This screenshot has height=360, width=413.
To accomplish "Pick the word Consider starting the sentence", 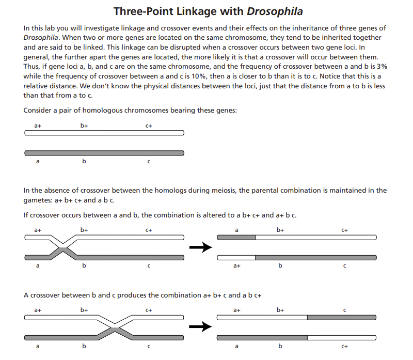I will pyautogui.click(x=39, y=111).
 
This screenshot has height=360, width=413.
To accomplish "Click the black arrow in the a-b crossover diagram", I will pyautogui.click(x=200, y=247).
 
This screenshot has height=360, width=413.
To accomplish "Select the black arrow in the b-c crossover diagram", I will pyautogui.click(x=200, y=326).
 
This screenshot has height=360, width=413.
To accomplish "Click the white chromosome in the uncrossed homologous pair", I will pyautogui.click(x=104, y=133).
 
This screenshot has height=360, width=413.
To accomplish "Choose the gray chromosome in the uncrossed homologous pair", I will pyautogui.click(x=104, y=153).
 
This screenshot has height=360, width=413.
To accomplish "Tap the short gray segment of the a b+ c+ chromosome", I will pyautogui.click(x=236, y=237).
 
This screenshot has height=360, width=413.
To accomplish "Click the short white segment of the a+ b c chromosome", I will pyautogui.click(x=236, y=257).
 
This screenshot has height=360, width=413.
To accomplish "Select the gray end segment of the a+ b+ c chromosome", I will pyautogui.click(x=342, y=317).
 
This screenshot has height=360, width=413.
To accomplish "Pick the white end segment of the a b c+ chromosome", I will pyautogui.click(x=342, y=337).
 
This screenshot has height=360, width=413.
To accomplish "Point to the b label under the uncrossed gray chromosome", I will pyautogui.click(x=84, y=162).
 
